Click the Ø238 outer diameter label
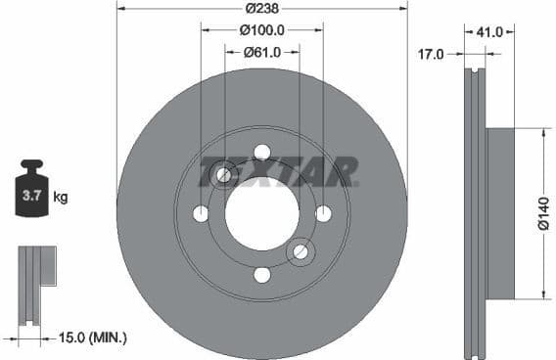tap(261, 7)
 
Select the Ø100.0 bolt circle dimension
tap(261, 31)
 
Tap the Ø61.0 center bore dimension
tap(261, 54)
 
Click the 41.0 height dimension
tap(488, 32)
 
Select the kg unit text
tap(60, 198)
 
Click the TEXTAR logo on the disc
tap(279, 174)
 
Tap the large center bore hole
tap(261, 213)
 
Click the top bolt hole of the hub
tap(261, 152)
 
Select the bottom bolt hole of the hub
tap(261, 275)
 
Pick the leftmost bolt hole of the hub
tap(201, 213)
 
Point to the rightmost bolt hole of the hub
tap(323, 213)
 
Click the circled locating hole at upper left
tap(223, 174)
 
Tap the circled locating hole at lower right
tap(301, 252)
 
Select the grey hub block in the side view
tap(500, 213)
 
